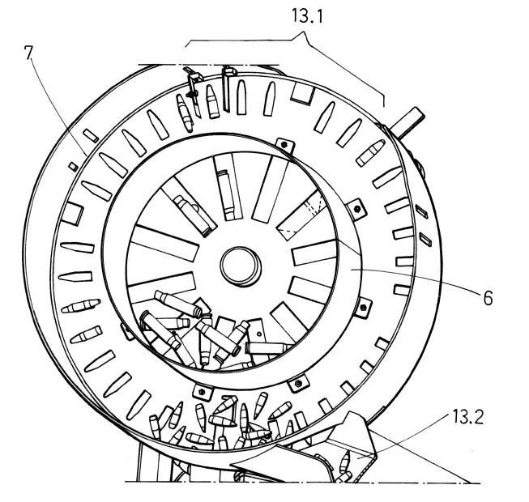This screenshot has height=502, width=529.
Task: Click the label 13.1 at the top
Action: (307, 16)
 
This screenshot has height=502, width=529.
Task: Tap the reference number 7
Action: (29, 53)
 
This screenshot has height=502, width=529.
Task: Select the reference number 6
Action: (488, 298)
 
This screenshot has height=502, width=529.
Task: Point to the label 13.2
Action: (468, 417)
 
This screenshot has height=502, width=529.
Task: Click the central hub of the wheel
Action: (241, 266)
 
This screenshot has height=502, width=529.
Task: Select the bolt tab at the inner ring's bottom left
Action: (202, 392)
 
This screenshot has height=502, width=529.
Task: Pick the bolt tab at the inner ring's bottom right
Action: (297, 384)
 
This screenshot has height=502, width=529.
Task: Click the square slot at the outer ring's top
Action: (303, 92)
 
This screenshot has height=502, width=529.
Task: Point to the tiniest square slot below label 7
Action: (74, 166)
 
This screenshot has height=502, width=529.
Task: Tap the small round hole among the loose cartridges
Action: (258, 334)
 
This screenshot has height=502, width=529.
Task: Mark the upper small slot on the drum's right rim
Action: (421, 211)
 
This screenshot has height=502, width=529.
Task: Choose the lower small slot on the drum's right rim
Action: (425, 239)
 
